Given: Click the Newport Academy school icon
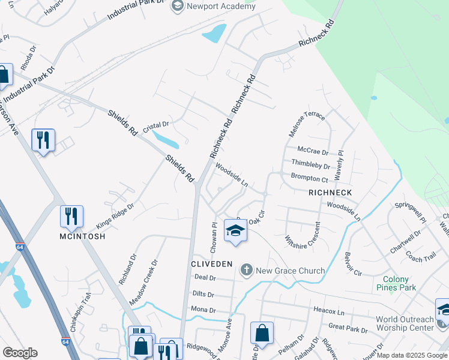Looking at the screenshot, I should [x=177, y=6].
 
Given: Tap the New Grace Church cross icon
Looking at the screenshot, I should [x=246, y=271].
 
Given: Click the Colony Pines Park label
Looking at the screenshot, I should [x=396, y=284].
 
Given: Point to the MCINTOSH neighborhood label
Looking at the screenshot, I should [x=82, y=236].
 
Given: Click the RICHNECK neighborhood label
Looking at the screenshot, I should [x=330, y=193].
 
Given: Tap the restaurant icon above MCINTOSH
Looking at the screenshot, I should [x=71, y=217].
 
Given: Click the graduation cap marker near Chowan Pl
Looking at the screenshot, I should [x=235, y=230].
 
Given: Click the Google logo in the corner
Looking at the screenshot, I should [x=20, y=353].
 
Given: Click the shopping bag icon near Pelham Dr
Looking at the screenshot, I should [x=262, y=333].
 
